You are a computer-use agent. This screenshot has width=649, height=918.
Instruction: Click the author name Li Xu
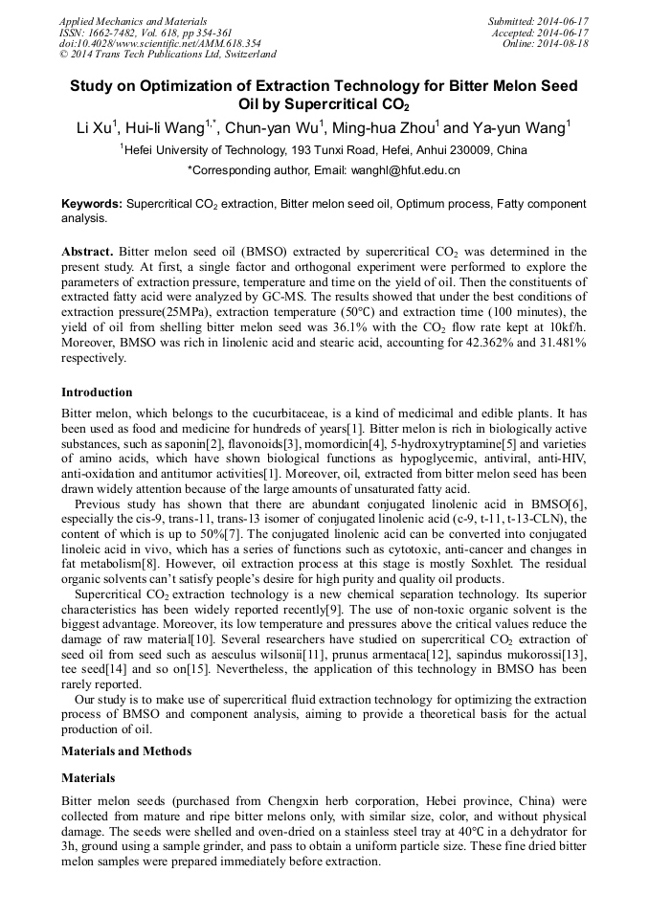(94, 127)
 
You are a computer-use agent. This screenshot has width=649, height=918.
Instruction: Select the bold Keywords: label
(92, 204)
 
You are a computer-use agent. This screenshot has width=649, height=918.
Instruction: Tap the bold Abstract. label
(87, 252)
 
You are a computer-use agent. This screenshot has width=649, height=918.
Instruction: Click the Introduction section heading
(97, 392)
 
